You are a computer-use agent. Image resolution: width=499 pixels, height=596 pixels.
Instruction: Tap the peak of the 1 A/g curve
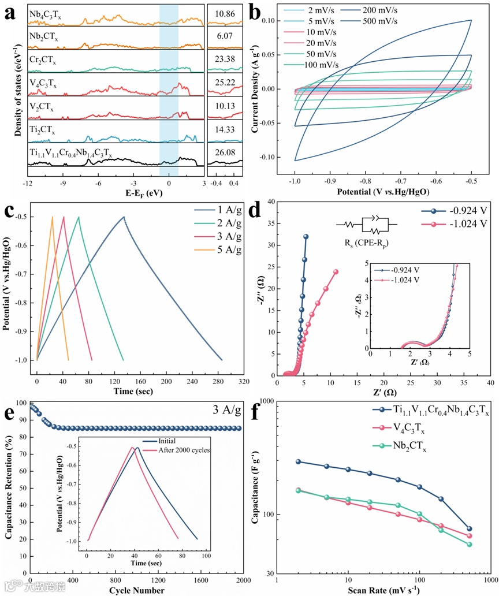[x=124, y=217]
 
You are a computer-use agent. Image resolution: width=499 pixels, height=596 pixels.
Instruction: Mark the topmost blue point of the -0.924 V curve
[x=306, y=236]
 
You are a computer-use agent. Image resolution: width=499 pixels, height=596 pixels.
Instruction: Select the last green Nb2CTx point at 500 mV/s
[x=469, y=545]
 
